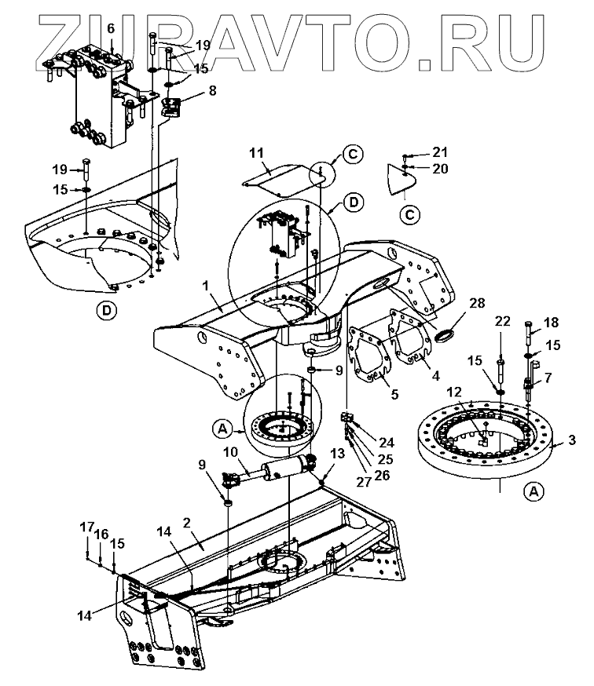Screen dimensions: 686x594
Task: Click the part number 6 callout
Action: click(x=111, y=28)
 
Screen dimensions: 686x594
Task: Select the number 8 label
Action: click(x=211, y=90)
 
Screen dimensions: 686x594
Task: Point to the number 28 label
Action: click(x=476, y=303)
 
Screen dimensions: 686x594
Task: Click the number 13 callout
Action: click(x=338, y=453)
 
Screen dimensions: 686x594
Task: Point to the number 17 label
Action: click(x=86, y=528)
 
